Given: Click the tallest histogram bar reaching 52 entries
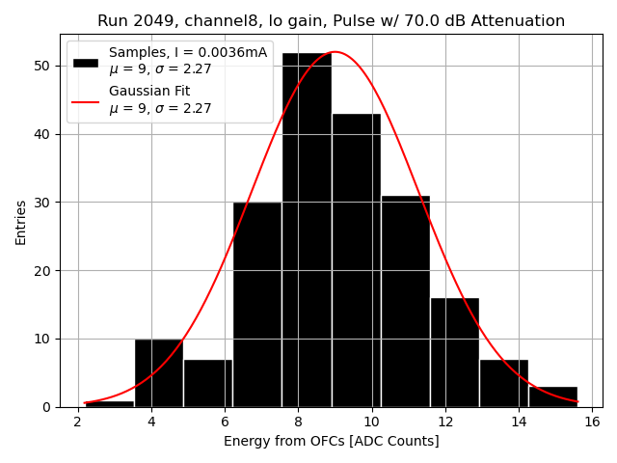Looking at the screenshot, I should coord(307,231).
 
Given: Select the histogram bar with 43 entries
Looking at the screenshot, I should coord(356,260).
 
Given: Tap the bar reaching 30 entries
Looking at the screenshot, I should coord(257,305).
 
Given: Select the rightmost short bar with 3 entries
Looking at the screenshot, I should coord(552,396).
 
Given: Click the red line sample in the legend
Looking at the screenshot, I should coord(86,100).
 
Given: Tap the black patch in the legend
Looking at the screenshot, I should coord(86,62).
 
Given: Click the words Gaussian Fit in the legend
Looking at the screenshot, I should coord(149,92).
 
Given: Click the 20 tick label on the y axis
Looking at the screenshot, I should coord(46,271).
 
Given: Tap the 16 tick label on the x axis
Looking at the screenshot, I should coord(592,422).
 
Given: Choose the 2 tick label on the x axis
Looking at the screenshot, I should coord(78,422).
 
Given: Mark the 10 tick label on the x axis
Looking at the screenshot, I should coord(371,422).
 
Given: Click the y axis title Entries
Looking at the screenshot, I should coord(21,222).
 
